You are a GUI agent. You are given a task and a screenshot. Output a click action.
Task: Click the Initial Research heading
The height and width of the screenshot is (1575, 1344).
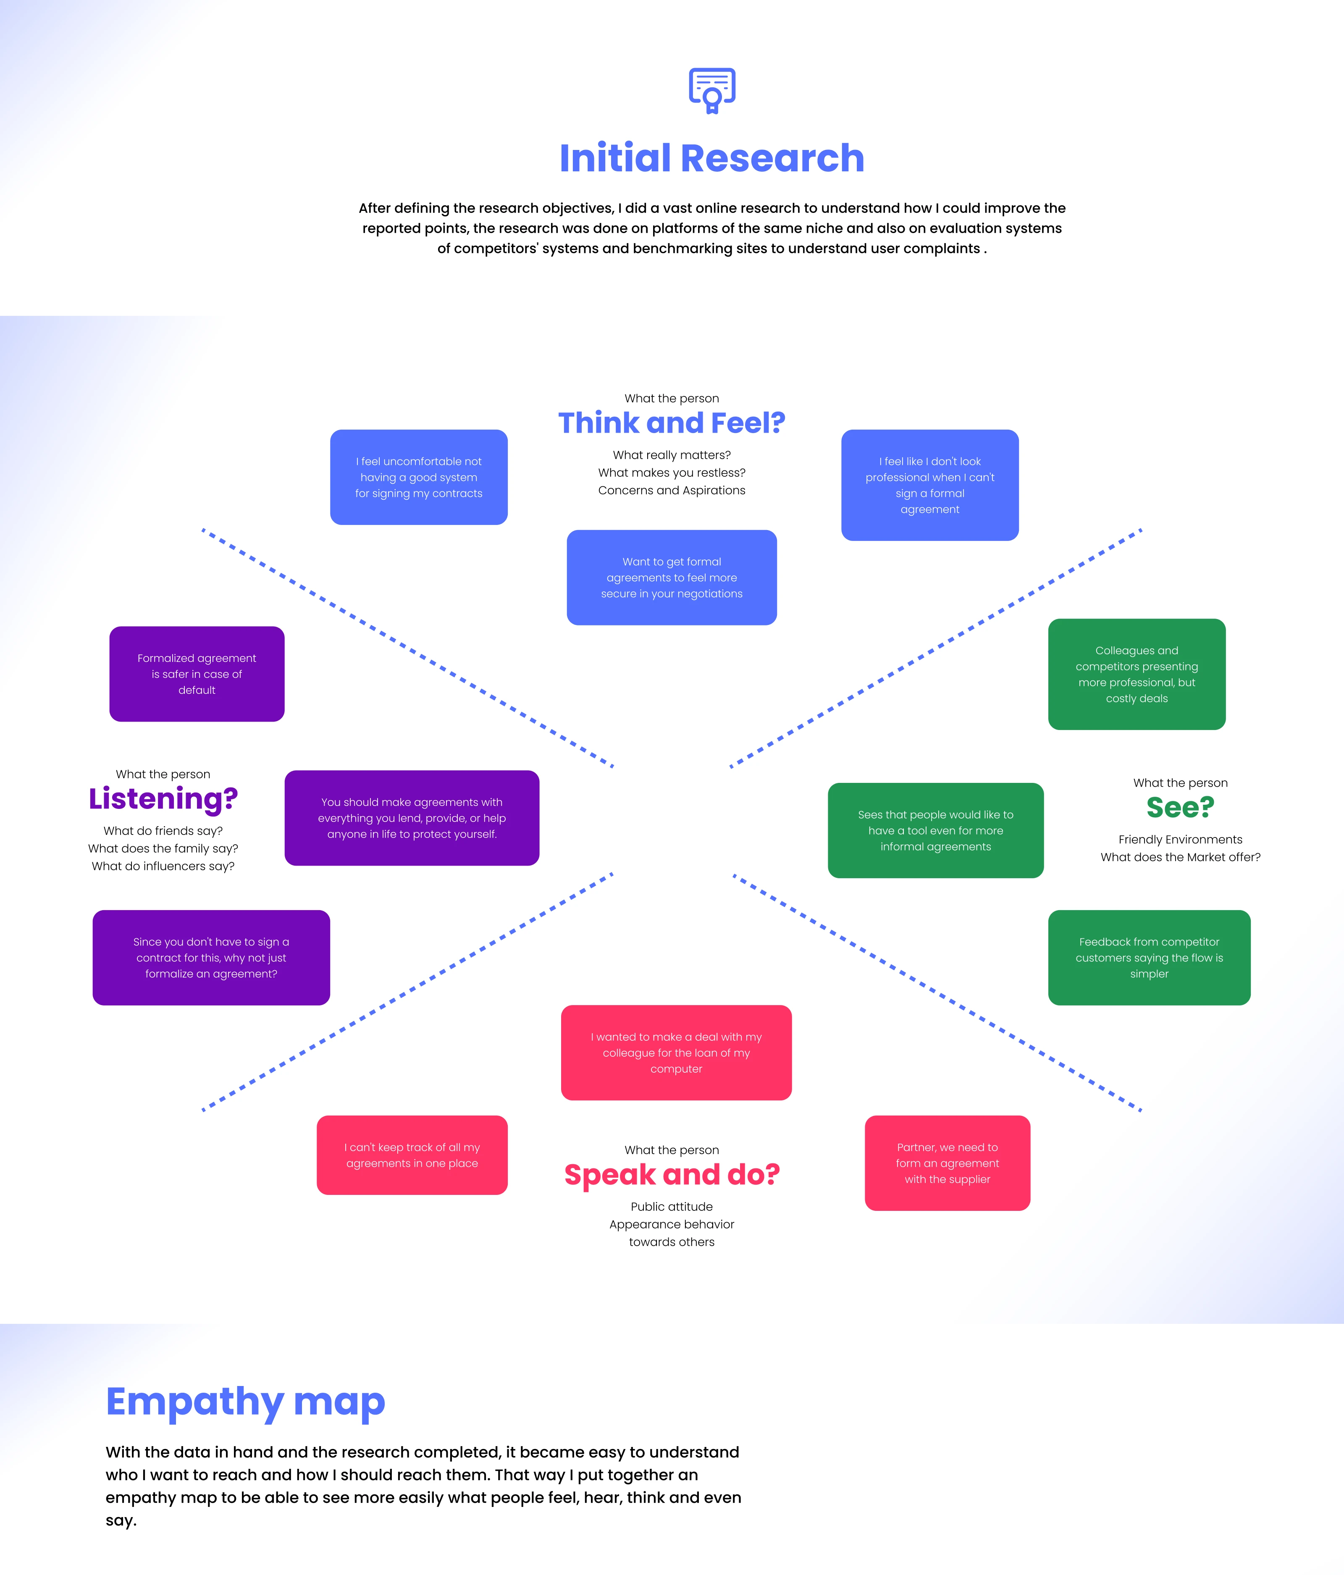(x=711, y=158)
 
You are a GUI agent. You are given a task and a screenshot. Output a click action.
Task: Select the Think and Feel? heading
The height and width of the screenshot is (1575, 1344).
(x=671, y=423)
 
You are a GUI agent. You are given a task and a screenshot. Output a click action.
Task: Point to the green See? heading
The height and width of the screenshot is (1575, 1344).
(x=1180, y=807)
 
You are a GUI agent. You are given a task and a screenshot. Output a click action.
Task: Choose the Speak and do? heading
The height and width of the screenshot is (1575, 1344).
(x=671, y=1174)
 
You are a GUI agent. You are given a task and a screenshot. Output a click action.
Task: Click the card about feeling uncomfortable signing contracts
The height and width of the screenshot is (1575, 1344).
(x=419, y=478)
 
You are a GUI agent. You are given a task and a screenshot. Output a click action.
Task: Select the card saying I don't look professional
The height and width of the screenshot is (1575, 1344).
(x=930, y=485)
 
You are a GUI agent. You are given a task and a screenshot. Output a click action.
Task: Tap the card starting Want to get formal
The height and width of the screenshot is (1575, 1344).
(x=671, y=577)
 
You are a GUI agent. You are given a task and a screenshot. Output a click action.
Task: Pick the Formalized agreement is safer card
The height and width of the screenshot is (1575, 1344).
(x=197, y=674)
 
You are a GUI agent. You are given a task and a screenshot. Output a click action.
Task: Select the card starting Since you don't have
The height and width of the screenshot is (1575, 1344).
(x=211, y=958)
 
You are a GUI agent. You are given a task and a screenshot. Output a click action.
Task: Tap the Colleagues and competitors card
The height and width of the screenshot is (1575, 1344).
(x=1137, y=674)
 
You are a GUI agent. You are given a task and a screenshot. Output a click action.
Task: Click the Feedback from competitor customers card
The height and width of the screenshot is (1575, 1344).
(x=1149, y=958)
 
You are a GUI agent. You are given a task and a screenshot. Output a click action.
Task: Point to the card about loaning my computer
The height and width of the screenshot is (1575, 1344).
(x=676, y=1053)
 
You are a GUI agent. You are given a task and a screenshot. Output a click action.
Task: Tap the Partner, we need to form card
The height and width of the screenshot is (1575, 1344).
(x=947, y=1163)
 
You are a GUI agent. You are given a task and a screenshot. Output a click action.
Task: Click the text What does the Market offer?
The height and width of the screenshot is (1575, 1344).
(x=1180, y=858)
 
